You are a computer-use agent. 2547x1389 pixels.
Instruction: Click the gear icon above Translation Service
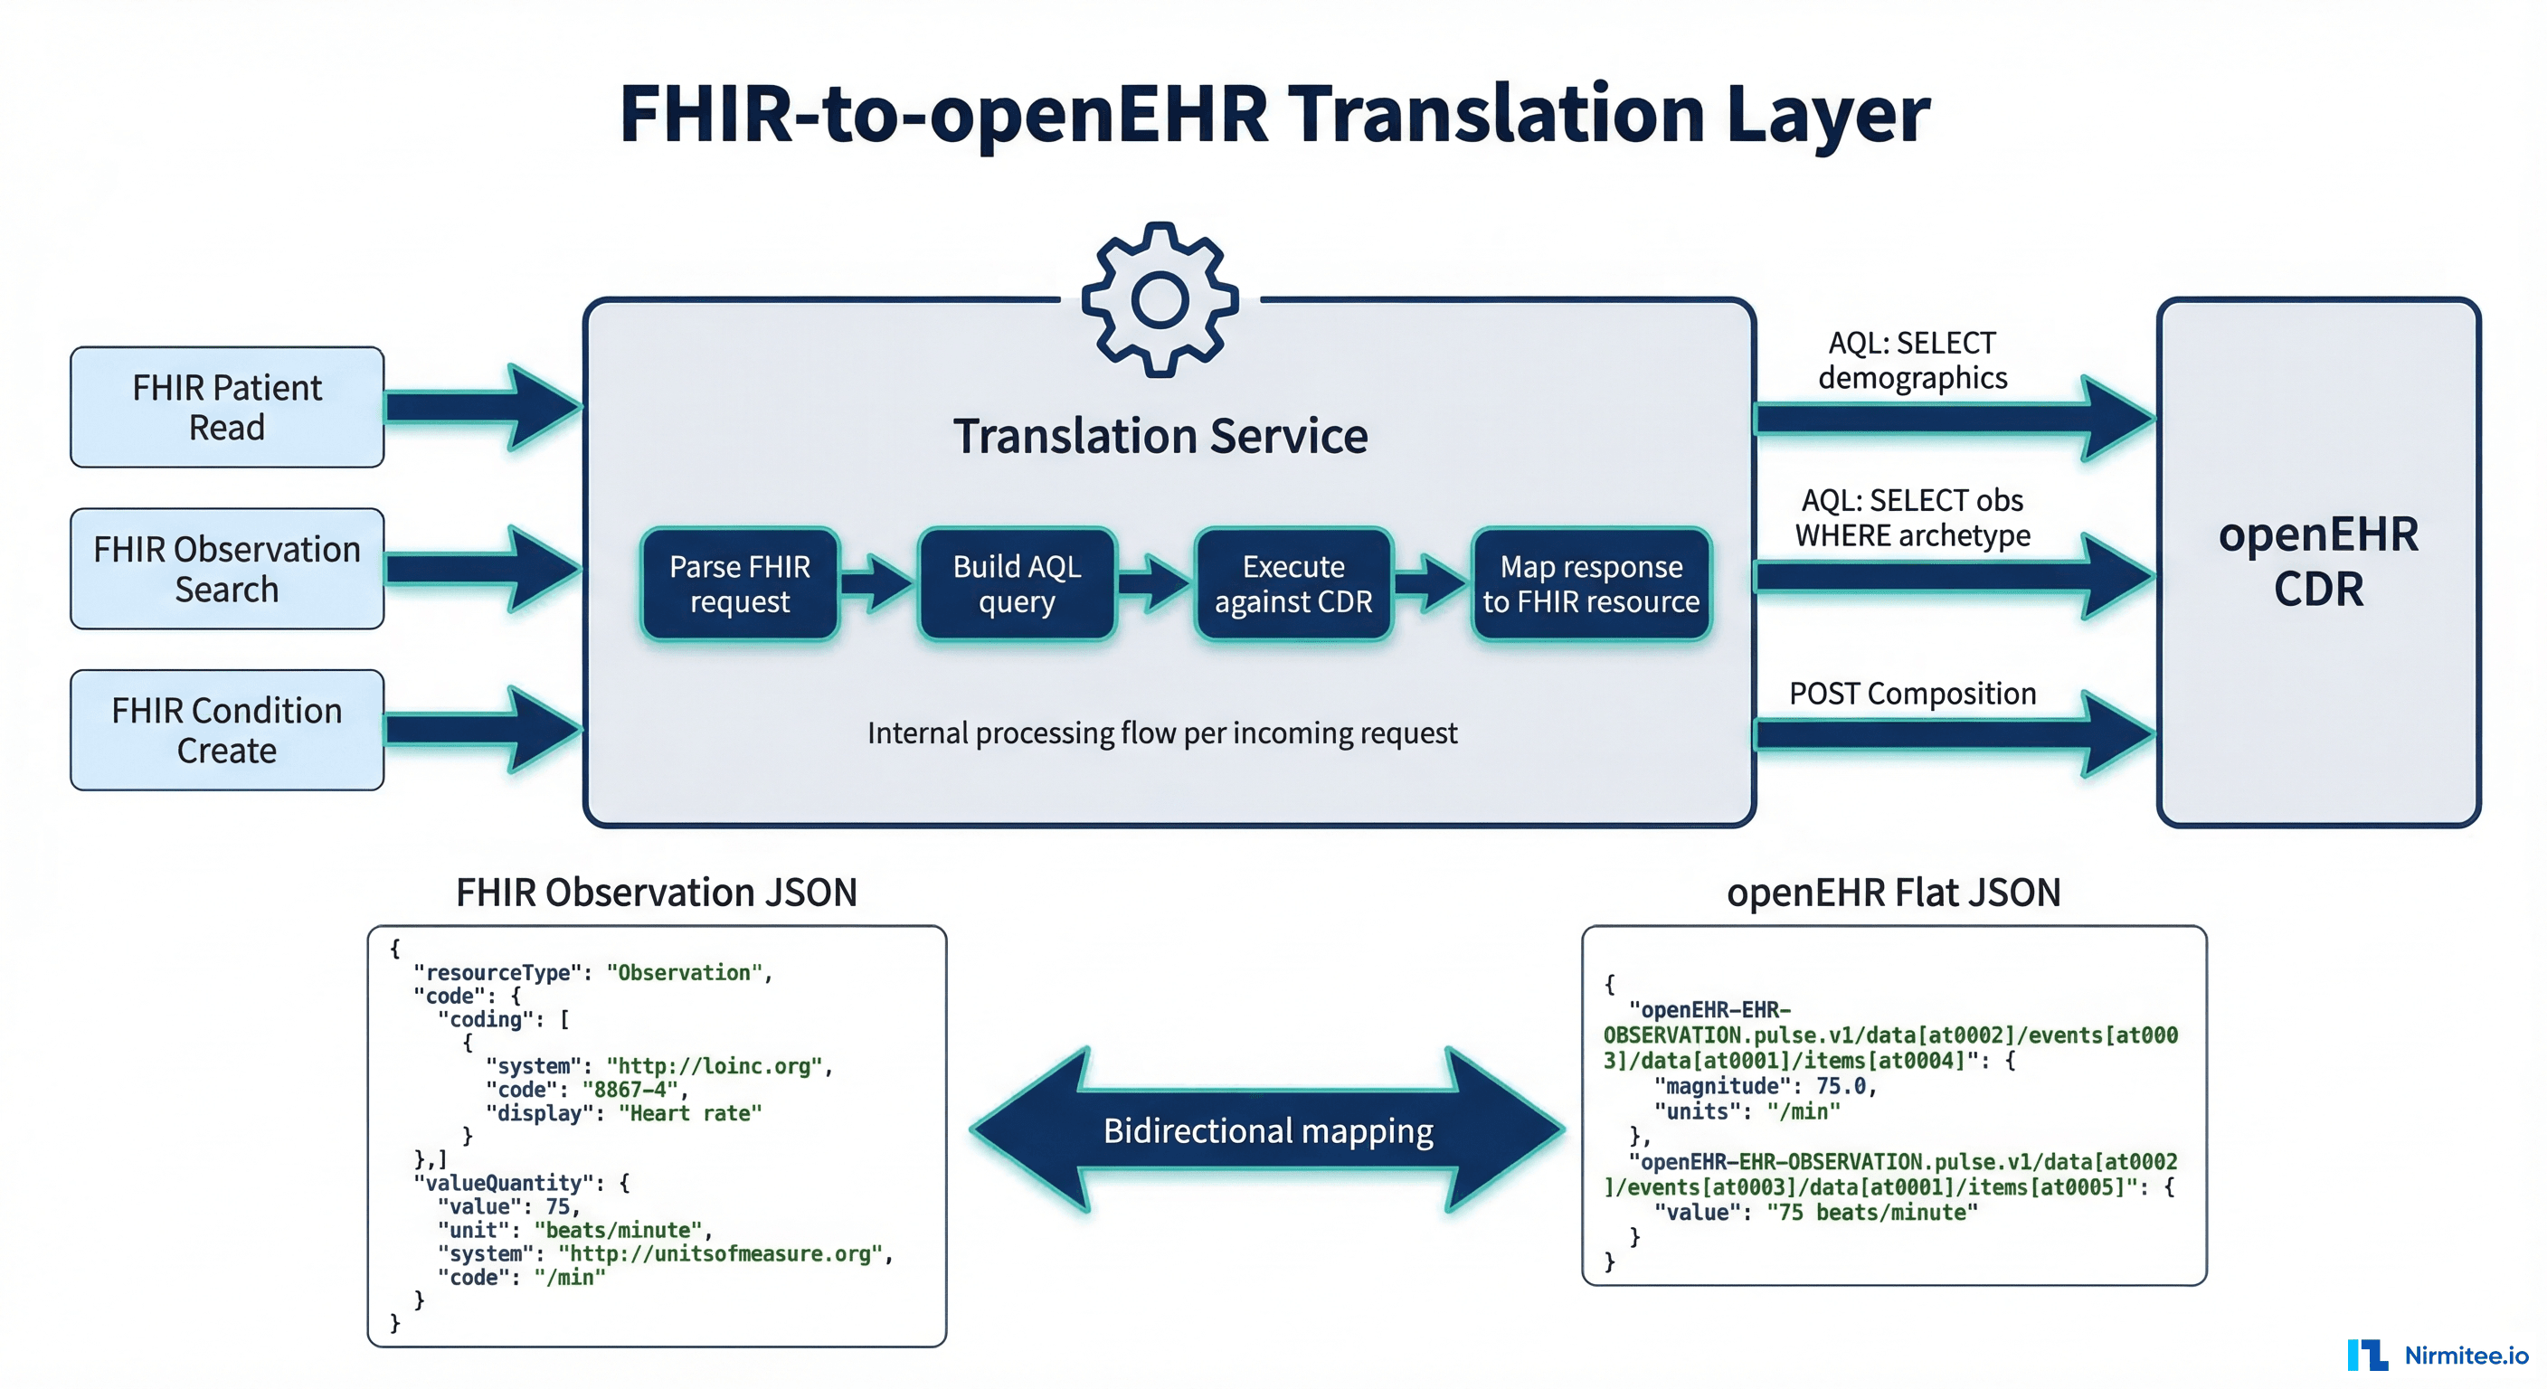pos(1160,299)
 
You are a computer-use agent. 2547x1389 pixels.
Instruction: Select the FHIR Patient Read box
pos(226,406)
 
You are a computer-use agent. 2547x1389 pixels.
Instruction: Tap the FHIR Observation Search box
pos(226,569)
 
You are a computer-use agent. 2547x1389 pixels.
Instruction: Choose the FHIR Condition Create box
pos(226,730)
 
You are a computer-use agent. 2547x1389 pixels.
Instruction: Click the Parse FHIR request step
pos(740,583)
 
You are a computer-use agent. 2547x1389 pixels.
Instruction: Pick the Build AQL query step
pos(1017,583)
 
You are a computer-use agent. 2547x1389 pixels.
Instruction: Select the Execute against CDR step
pos(1293,583)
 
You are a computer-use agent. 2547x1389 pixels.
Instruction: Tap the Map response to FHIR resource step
pos(1591,583)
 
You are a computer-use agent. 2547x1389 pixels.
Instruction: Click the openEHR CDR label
pos(2317,561)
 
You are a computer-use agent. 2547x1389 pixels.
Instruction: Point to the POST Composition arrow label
pos(1911,693)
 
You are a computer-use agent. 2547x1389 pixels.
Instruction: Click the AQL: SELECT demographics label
pos(1911,360)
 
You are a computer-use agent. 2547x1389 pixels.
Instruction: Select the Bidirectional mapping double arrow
pos(1267,1130)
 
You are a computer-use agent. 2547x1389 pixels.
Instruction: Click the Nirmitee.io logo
pos(2438,1355)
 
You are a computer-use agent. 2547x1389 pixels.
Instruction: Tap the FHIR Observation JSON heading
pos(656,892)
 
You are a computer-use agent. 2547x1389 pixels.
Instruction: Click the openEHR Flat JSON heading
pos(1892,892)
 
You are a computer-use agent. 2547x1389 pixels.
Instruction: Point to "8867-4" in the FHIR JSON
pos(630,1090)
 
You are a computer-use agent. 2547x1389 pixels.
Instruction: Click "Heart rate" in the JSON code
pos(690,1113)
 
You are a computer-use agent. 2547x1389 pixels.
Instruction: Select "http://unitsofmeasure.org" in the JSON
pos(720,1253)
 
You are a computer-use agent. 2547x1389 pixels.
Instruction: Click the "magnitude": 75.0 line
pos(1765,1085)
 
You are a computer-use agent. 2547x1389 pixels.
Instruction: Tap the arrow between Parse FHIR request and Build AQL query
pos(878,583)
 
